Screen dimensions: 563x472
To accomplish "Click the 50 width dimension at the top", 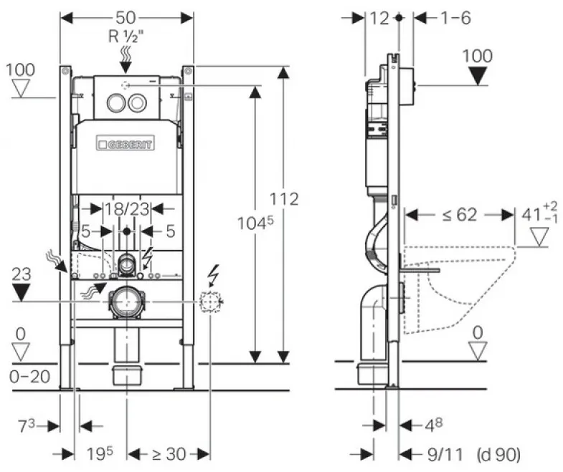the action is click(126, 17).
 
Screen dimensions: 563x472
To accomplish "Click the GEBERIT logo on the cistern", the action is click(126, 144).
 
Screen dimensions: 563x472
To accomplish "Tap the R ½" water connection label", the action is click(126, 37).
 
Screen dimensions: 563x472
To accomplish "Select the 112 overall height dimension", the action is click(284, 198).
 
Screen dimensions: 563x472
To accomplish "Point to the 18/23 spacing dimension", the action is click(127, 208).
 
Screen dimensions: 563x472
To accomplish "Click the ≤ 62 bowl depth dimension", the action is click(460, 214).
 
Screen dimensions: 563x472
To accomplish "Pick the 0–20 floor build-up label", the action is click(30, 377).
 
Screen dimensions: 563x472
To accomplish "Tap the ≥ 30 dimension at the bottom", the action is click(169, 454).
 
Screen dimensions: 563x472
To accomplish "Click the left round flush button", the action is click(116, 102).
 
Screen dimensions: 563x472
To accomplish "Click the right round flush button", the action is click(137, 102).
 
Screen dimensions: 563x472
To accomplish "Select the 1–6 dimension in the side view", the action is click(455, 18).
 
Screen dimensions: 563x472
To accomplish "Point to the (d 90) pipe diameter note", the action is click(498, 454).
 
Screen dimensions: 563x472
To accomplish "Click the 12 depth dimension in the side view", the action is click(379, 18).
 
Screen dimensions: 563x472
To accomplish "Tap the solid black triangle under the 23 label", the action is click(21, 292).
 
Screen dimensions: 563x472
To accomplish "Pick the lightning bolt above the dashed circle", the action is click(213, 275).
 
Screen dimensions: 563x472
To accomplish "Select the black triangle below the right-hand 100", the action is click(478, 76).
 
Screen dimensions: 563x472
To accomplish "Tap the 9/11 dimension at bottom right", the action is click(445, 454).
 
